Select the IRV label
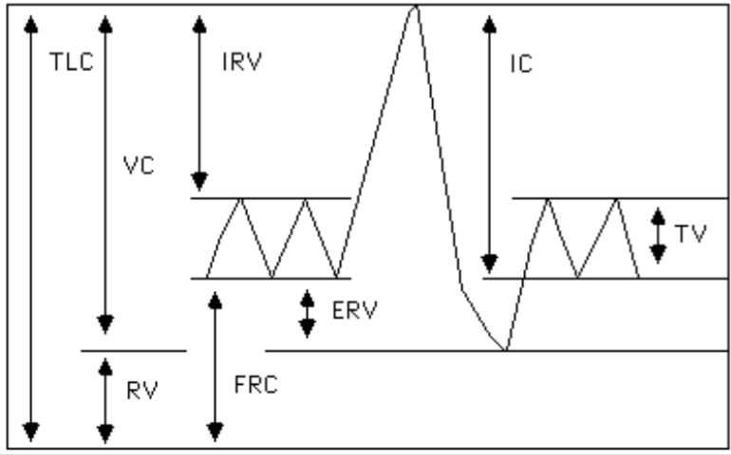point(243,63)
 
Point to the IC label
point(519,64)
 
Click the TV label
point(692,233)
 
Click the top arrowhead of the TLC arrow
point(32,21)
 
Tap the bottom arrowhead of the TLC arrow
point(32,433)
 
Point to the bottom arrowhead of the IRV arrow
point(198,179)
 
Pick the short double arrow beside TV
point(656,235)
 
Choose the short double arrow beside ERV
point(307,313)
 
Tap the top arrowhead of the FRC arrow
point(216,301)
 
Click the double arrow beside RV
point(105,397)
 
